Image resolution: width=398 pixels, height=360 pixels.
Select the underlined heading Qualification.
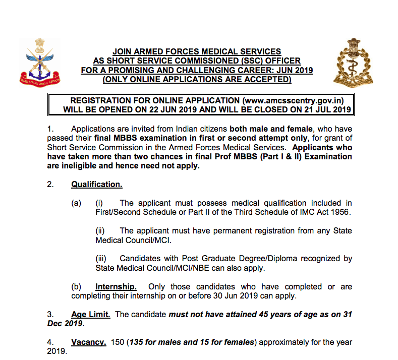click(x=97, y=184)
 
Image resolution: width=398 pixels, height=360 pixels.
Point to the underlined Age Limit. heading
click(x=91, y=314)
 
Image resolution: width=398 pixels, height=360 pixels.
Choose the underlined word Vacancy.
click(x=89, y=342)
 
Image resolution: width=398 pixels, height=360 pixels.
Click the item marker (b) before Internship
click(x=76, y=286)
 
